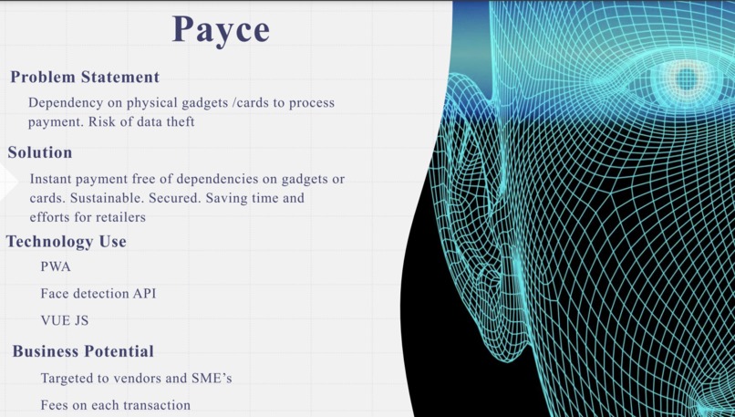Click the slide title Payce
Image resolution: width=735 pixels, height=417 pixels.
(x=222, y=29)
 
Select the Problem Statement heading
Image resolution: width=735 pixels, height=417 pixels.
(x=85, y=78)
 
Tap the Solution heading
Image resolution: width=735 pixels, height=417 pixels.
(x=40, y=152)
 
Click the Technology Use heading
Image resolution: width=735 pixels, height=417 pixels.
(x=67, y=242)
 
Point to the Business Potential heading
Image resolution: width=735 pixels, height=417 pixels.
(x=83, y=351)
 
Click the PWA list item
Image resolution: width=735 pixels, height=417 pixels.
(x=56, y=267)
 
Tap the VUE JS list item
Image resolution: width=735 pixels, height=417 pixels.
(x=65, y=321)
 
